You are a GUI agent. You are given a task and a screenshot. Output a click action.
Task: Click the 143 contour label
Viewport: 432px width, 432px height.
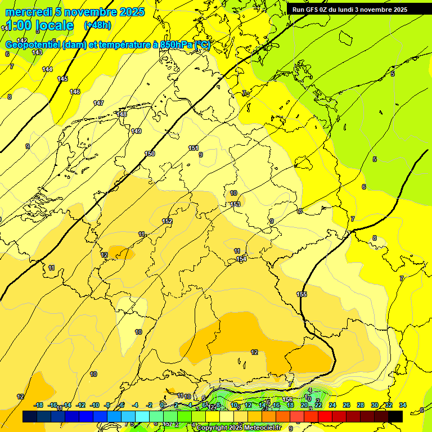click(37, 52)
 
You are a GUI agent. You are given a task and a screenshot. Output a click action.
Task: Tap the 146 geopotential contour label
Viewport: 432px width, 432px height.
click(75, 92)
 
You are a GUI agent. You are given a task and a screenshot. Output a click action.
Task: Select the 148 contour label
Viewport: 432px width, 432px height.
click(121, 114)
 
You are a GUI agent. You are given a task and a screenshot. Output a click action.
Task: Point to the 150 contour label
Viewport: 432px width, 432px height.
click(150, 154)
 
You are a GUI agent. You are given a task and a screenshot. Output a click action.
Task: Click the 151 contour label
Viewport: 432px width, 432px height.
click(193, 148)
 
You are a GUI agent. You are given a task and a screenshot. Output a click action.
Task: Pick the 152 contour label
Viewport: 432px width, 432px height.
click(167, 221)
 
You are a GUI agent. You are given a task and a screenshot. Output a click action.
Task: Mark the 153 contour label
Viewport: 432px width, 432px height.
click(236, 204)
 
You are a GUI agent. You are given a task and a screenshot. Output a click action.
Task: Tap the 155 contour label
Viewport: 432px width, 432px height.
click(302, 294)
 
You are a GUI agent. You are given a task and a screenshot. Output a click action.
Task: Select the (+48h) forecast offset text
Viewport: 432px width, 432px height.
click(97, 25)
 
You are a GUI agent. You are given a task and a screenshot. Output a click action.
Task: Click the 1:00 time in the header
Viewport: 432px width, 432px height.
click(19, 25)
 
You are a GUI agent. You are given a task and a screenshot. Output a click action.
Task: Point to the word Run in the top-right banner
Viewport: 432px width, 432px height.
click(299, 10)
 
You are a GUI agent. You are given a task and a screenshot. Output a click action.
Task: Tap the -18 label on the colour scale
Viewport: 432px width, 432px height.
click(38, 405)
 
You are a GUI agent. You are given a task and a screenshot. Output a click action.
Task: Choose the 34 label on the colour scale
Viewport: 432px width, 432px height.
click(403, 405)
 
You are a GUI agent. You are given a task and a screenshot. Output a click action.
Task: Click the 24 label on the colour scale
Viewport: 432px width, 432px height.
click(332, 405)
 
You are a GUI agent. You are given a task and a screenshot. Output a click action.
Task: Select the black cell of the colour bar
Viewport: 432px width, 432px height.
click(395, 416)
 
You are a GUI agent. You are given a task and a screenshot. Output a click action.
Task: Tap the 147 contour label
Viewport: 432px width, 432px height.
click(98, 103)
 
